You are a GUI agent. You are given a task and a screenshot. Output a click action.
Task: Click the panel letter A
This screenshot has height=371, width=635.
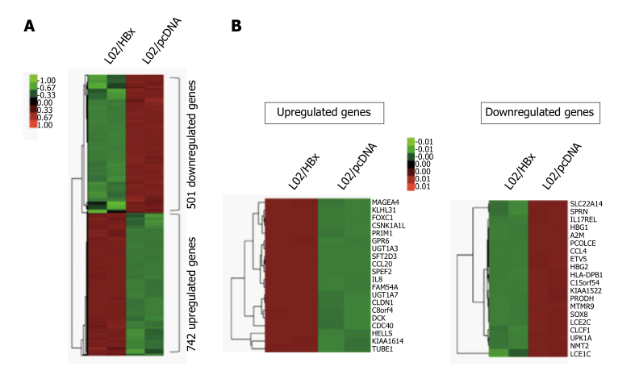point(30,26)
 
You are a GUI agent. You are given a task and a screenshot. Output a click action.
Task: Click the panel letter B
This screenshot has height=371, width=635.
point(236,26)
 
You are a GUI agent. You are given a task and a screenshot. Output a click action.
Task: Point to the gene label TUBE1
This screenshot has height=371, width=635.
point(382,349)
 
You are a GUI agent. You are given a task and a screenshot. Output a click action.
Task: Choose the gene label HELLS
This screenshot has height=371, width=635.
point(382,334)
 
